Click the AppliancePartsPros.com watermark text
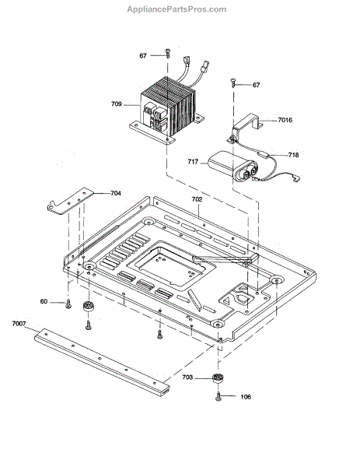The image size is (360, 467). (177, 9)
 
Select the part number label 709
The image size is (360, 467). (117, 104)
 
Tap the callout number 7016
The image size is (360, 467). (285, 120)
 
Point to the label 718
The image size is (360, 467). (293, 155)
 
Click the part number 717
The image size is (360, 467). (193, 162)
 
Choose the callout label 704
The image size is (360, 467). (116, 193)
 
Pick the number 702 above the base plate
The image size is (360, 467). (197, 199)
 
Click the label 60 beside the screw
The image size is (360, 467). (44, 302)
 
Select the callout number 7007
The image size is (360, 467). (19, 324)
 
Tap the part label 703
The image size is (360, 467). (187, 377)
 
